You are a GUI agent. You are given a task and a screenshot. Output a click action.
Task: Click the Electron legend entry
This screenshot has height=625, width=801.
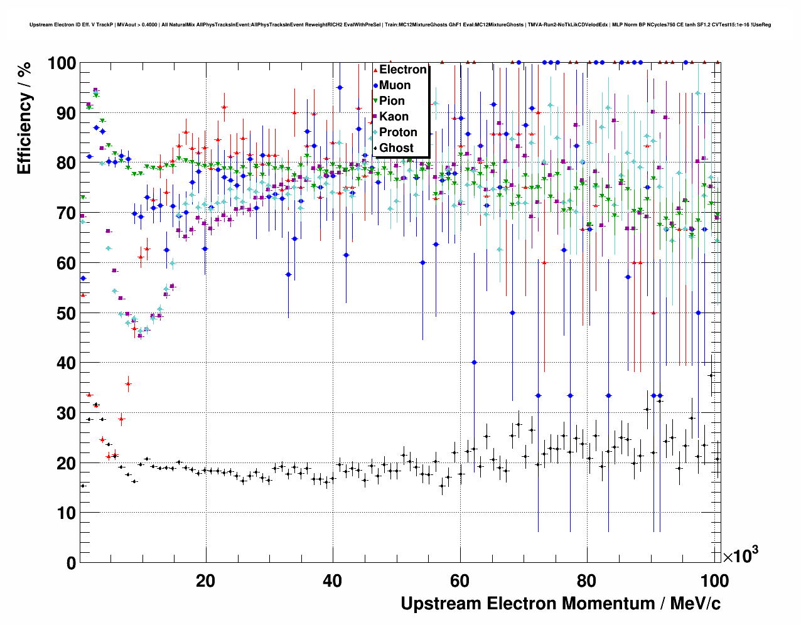click(402, 70)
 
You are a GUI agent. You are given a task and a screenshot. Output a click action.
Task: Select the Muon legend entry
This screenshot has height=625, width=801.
click(395, 85)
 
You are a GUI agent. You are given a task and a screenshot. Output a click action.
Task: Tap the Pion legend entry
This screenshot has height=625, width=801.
click(392, 101)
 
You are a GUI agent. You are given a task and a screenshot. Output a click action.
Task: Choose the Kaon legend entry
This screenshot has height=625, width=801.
click(394, 117)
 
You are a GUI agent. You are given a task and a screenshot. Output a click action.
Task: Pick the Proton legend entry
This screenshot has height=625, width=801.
click(398, 132)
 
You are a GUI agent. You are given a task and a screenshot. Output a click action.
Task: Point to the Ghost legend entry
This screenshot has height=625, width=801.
click(396, 148)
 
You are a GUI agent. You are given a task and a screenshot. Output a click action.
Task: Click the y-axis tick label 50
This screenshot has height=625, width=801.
click(62, 313)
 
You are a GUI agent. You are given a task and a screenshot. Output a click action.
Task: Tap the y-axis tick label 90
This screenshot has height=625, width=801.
click(62, 114)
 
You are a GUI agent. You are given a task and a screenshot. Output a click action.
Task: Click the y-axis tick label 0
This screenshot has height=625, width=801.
click(70, 564)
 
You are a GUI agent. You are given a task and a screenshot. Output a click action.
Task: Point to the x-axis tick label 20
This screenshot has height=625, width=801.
click(205, 581)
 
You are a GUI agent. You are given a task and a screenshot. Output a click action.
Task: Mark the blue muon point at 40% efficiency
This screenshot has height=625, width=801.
click(474, 362)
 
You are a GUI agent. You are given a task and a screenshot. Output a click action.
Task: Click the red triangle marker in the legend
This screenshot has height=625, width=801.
click(375, 70)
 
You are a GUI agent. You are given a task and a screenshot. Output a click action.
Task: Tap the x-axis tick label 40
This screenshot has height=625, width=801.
click(333, 581)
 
